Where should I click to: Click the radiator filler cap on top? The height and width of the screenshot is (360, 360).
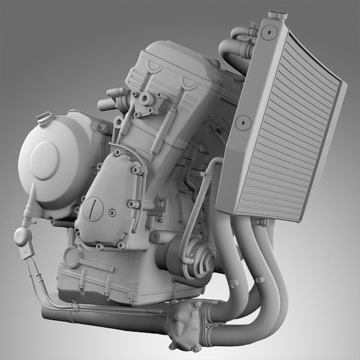point(277,14)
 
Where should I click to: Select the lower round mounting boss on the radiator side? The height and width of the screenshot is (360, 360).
point(242,124)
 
